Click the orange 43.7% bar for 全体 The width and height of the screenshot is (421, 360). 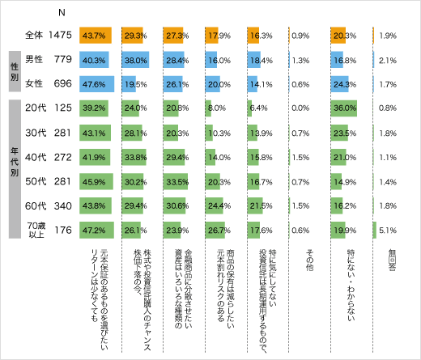click(x=96, y=36)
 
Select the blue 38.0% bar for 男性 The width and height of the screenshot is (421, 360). click(x=134, y=58)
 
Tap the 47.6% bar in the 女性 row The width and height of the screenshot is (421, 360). click(x=96, y=83)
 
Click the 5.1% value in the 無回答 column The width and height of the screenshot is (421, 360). click(x=388, y=231)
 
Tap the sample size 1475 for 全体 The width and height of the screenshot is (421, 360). click(x=62, y=36)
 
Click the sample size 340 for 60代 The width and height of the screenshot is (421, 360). click(x=62, y=206)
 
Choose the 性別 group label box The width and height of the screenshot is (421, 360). click(x=14, y=70)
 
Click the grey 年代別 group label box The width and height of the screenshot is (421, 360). click(x=14, y=169)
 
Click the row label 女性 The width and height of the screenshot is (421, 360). click(x=34, y=83)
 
